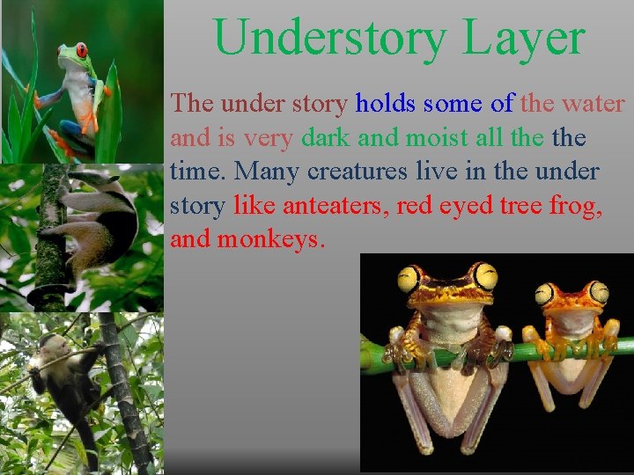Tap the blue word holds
tap(385, 104)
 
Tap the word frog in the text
tap(575, 206)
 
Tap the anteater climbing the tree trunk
tap(97, 220)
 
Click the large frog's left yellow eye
tap(409, 280)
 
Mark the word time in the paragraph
tap(198, 172)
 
